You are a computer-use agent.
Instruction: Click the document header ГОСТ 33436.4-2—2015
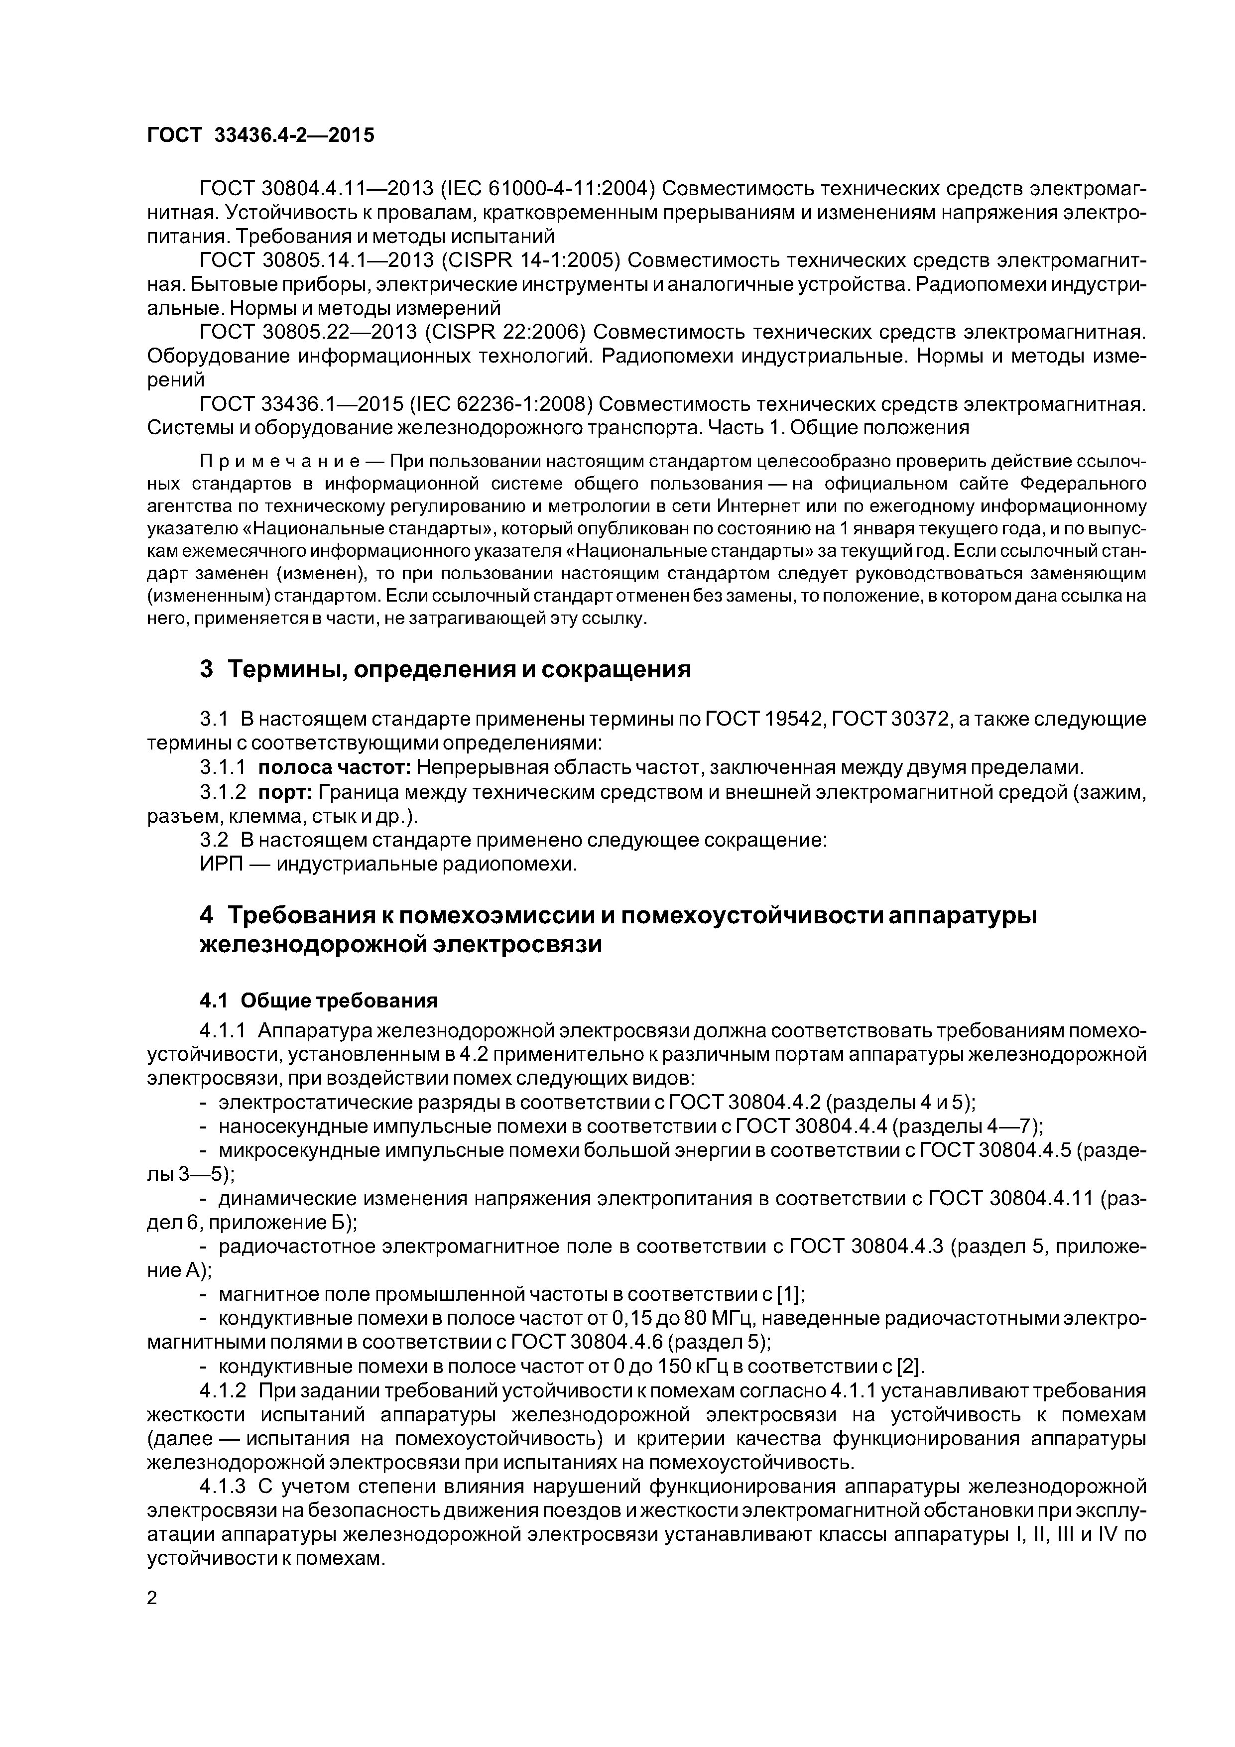pos(260,135)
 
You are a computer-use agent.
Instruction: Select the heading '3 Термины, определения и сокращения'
pos(445,670)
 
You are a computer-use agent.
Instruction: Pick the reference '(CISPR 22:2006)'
pos(504,333)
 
